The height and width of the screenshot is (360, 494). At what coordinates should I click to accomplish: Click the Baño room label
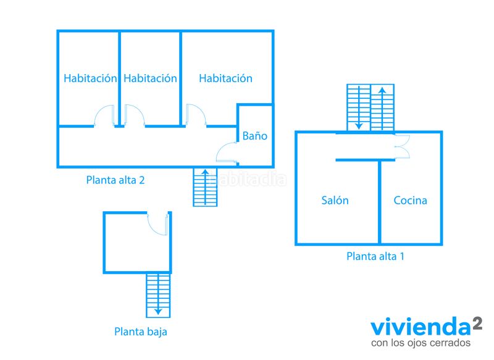255,136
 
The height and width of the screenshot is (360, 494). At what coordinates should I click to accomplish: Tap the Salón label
335,200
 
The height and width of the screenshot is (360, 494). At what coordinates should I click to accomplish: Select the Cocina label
410,200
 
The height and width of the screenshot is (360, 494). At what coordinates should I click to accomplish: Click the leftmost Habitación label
90,78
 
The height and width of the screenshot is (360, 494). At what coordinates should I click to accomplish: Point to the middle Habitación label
150,78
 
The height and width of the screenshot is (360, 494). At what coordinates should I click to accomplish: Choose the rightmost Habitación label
225,78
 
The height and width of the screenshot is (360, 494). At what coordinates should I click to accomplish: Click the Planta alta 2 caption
115,180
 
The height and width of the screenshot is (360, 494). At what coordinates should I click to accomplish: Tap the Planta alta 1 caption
375,256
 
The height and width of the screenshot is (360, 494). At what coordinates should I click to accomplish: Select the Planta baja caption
141,332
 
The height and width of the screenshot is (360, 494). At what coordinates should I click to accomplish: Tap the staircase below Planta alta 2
205,187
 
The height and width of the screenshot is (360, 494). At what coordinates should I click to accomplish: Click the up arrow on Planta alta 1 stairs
382,108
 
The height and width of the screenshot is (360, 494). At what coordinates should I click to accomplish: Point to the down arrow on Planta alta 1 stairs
359,107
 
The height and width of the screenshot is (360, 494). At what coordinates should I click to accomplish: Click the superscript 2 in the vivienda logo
477,324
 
